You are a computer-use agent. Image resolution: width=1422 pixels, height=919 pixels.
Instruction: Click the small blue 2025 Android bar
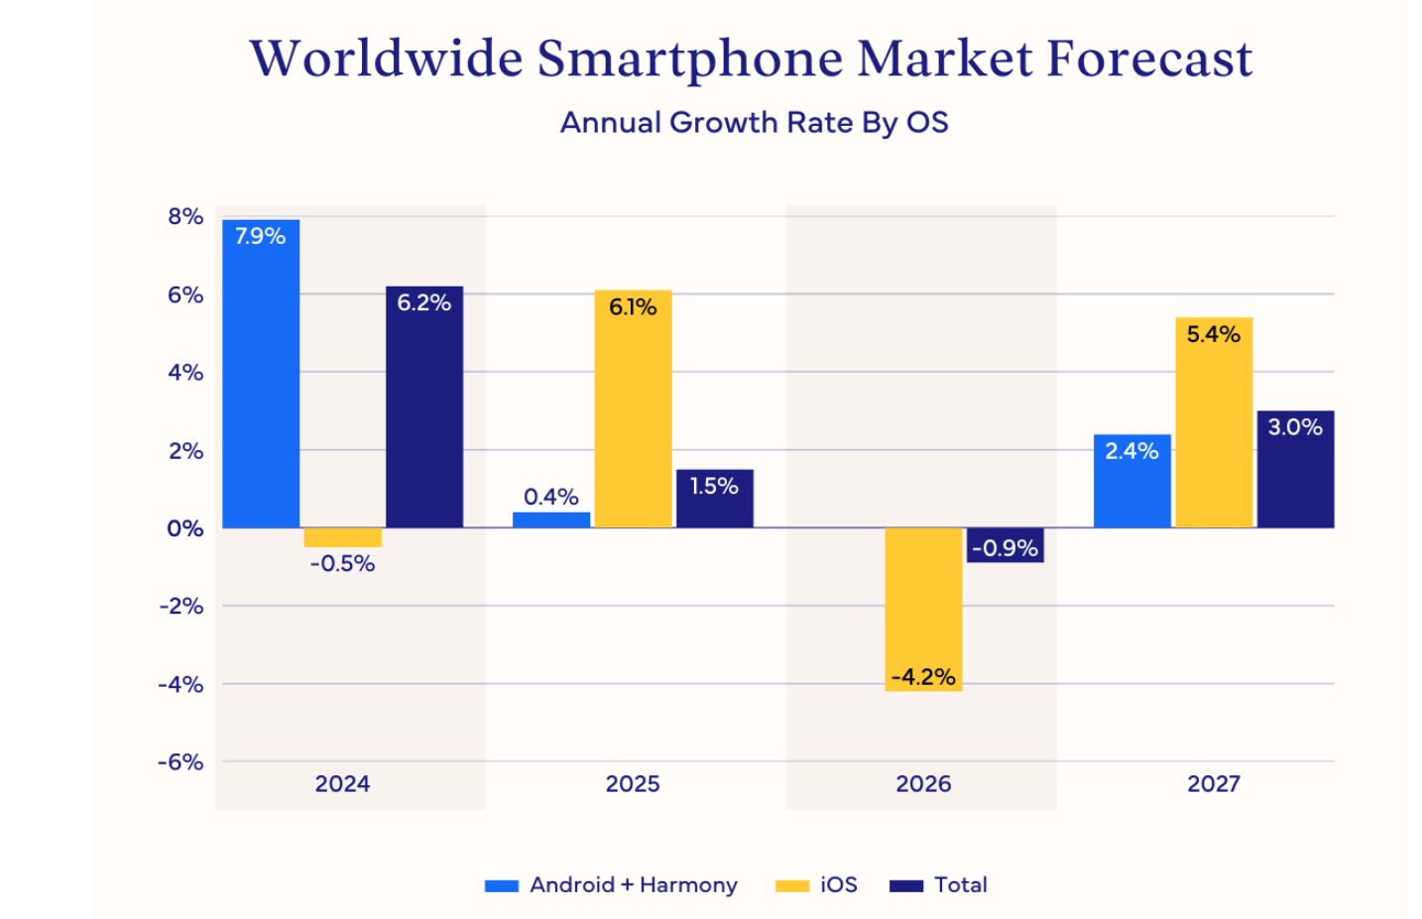[x=551, y=519]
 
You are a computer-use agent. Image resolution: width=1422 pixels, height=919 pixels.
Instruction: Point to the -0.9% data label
[x=1005, y=547]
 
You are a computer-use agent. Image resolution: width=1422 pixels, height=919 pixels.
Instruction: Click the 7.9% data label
[x=260, y=236]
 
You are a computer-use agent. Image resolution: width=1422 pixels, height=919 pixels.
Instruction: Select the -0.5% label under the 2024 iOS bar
[x=342, y=563]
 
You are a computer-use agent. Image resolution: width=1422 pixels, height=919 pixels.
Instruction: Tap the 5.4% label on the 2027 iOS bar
[x=1213, y=334]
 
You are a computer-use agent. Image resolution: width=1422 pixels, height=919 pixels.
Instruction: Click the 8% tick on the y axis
[x=185, y=216]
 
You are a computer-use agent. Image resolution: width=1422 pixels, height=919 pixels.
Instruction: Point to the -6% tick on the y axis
[x=180, y=761]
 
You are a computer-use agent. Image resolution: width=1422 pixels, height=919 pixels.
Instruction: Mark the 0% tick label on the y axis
[x=185, y=528]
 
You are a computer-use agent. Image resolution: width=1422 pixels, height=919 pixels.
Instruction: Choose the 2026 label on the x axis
[x=923, y=784]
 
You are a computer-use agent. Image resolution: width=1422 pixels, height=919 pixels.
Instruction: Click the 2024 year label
[x=342, y=784]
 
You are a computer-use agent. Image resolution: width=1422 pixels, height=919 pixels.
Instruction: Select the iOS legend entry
[x=838, y=884]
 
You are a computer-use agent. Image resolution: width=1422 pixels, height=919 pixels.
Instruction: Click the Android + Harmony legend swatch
[x=502, y=885]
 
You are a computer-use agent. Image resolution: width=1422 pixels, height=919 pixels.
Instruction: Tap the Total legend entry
[x=960, y=884]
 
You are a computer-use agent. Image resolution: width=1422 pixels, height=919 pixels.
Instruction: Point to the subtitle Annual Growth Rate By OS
[x=754, y=122]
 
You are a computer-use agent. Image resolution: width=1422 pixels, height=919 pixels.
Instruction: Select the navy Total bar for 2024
[x=423, y=407]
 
